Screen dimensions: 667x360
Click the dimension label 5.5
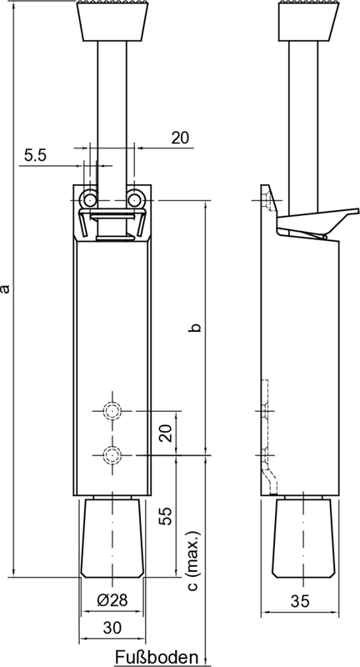35,155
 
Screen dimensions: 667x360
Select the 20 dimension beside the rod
180,138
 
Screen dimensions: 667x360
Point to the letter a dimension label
7,288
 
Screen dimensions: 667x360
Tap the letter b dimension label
194,328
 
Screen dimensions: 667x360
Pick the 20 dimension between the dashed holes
166,433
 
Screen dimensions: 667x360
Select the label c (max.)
193,560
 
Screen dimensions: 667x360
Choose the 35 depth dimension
301,601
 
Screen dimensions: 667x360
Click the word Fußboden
155,656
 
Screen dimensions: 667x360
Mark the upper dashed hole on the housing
111,411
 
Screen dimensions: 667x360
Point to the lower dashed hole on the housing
111,454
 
